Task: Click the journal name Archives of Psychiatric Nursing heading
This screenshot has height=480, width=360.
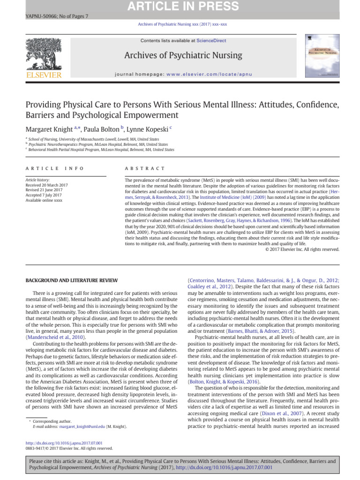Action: [x=183, y=56]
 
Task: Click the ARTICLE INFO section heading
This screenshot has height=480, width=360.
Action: [x=55, y=168]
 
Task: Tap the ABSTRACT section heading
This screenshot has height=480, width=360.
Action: [x=145, y=168]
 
